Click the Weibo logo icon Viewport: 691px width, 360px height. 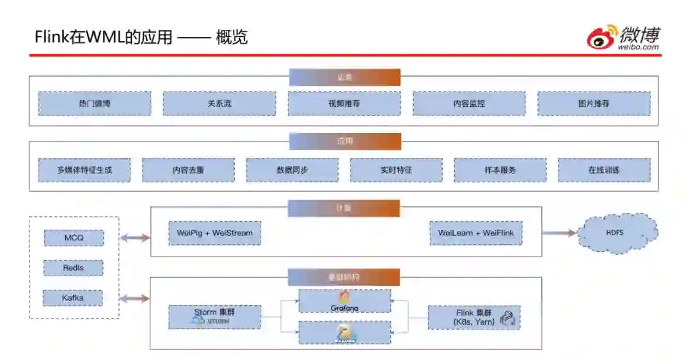602,38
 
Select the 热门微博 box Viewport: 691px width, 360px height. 95,104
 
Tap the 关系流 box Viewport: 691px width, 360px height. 219,104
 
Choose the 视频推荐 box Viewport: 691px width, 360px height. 344,104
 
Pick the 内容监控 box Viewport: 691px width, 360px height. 469,104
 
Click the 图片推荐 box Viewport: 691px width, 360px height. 594,104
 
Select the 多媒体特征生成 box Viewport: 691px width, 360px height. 84,170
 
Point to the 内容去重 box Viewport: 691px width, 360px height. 188,170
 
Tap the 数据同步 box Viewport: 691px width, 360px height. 292,170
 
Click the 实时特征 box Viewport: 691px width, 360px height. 396,170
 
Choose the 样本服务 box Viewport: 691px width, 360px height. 500,170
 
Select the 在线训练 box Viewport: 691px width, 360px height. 604,170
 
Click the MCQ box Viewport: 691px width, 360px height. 74,238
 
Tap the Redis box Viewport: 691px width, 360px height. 74,268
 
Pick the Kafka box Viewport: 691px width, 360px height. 74,297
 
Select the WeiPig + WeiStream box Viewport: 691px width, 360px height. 215,233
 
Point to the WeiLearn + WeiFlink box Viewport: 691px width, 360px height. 476,233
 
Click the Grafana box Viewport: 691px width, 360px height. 345,301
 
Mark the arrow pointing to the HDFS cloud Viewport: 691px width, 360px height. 559,233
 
